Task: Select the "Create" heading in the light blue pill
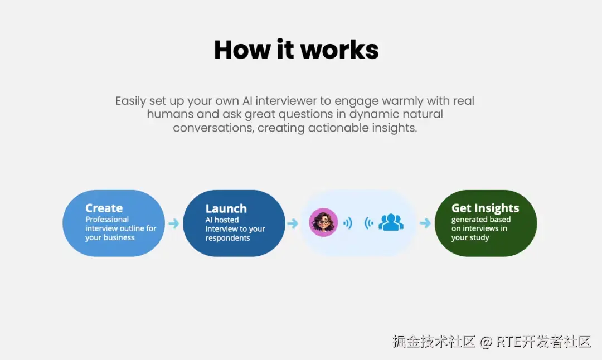104,208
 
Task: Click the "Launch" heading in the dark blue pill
226,208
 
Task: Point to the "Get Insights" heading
485,208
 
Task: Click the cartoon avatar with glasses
323,222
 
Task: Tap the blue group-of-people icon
391,222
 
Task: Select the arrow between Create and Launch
174,223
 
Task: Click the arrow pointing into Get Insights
425,223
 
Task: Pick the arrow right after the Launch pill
292,223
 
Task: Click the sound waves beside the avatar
348,223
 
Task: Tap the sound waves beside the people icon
368,223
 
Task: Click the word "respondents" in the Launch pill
227,238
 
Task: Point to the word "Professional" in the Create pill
107,220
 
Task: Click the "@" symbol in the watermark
486,342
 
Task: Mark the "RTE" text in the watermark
508,342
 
